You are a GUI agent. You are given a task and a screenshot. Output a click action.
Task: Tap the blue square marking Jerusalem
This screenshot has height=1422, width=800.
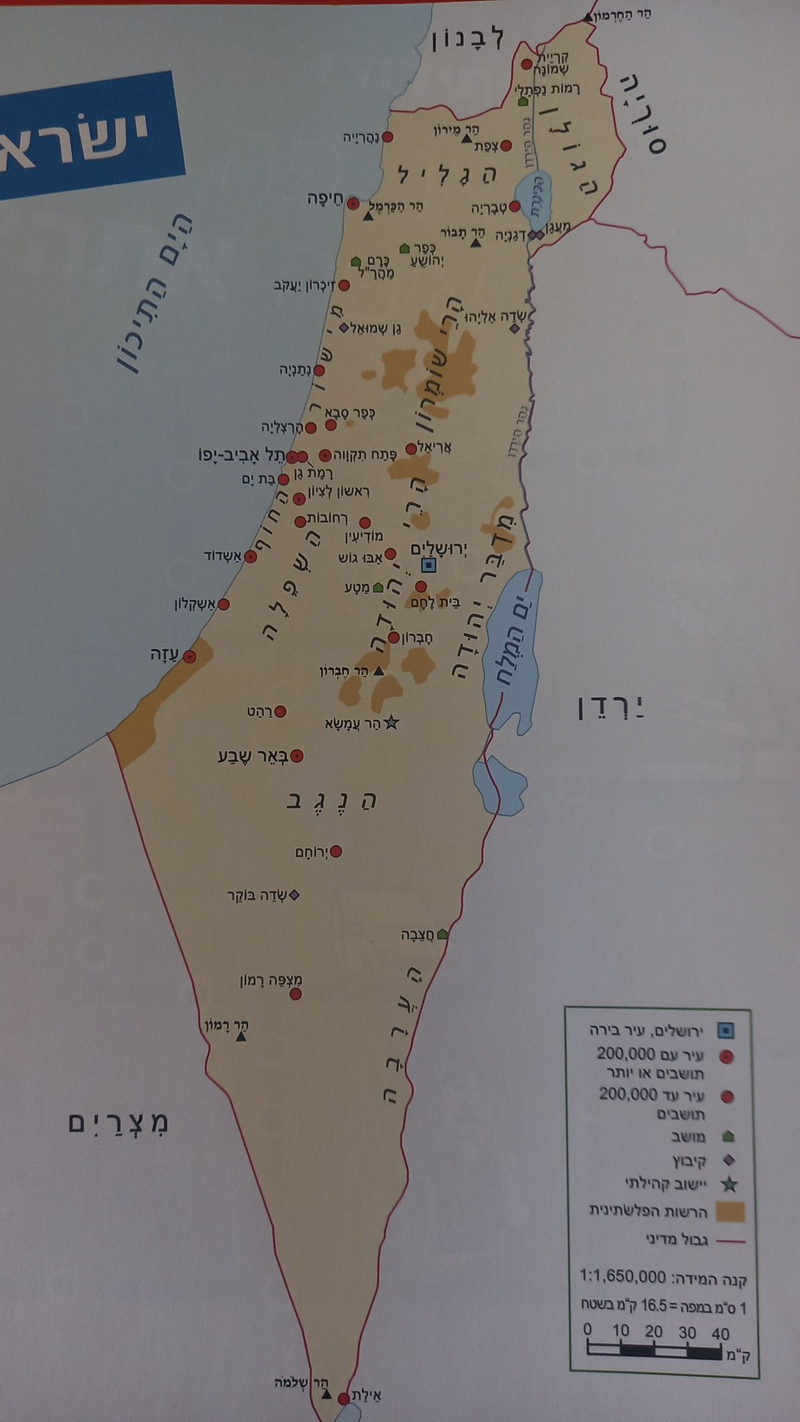[x=429, y=565]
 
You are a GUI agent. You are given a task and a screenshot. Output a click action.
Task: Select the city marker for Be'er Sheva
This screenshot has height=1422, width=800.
[x=297, y=756]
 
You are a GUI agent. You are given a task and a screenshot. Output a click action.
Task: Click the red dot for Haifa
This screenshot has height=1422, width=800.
[x=353, y=204]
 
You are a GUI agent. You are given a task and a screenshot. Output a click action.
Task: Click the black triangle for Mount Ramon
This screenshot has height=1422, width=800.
[x=241, y=1037]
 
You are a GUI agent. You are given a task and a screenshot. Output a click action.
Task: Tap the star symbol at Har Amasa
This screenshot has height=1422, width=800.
[x=390, y=723]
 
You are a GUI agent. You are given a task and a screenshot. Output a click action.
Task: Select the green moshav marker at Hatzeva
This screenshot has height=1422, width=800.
[x=442, y=935]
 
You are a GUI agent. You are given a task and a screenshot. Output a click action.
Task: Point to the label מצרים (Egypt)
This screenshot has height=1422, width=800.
[x=119, y=1122]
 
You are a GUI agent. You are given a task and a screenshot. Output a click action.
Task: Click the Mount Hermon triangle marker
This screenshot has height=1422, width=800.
[x=589, y=17]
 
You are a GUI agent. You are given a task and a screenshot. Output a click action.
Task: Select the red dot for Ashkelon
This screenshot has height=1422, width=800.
[x=224, y=605]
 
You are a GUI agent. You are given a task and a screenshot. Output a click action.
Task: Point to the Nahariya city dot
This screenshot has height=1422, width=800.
[x=388, y=137]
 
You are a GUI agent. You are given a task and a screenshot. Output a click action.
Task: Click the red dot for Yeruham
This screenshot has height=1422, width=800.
[x=337, y=851]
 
